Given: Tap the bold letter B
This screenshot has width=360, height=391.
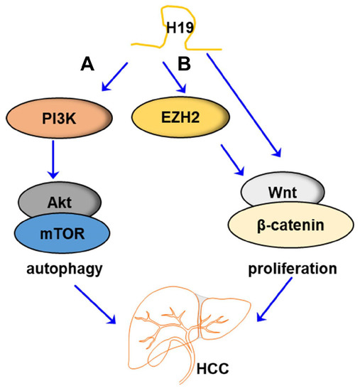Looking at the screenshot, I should point(183,65).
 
